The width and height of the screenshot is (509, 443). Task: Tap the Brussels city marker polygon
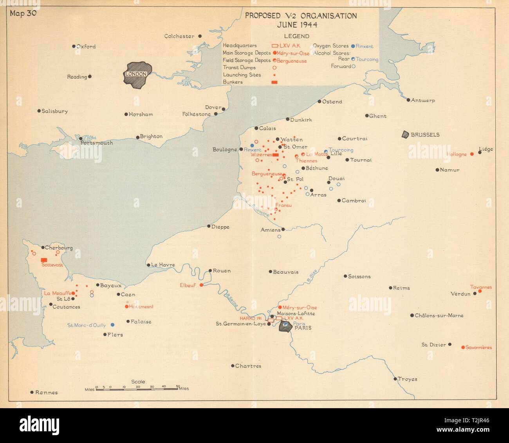click(405, 134)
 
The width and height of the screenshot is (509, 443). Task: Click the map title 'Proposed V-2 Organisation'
click(301, 16)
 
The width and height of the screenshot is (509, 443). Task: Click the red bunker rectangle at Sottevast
click(44, 259)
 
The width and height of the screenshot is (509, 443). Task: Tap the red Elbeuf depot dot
click(201, 285)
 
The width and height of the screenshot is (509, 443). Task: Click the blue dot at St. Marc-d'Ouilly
click(112, 325)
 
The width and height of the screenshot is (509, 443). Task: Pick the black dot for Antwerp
click(408, 100)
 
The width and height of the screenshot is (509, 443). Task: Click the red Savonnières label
click(478, 348)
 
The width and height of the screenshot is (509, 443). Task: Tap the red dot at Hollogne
click(472, 154)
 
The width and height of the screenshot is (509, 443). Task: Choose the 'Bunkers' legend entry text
click(233, 82)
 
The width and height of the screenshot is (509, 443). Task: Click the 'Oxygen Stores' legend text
click(330, 46)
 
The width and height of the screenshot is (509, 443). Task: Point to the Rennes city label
click(46, 393)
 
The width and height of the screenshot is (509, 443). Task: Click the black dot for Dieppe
click(209, 226)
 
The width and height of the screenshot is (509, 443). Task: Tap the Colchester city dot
click(200, 36)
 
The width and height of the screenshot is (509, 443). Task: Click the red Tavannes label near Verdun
click(480, 287)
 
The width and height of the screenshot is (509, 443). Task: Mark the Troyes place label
click(407, 379)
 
